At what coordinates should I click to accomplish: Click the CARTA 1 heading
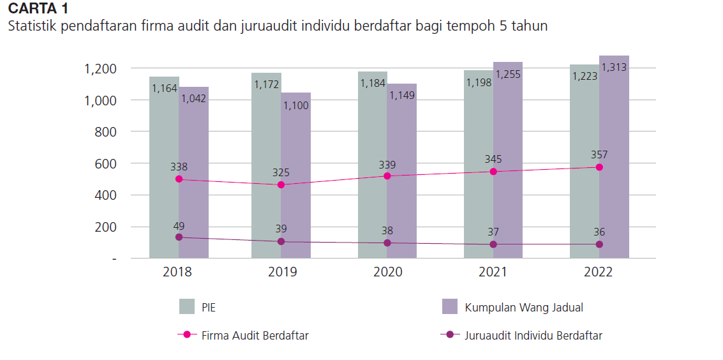coord(38,9)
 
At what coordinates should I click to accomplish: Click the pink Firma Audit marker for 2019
coord(281,185)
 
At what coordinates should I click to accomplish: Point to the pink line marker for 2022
coord(599,167)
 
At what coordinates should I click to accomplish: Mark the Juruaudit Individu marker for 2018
coord(179,237)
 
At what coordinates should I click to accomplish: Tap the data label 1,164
coord(165,88)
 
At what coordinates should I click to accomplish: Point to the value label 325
coord(281,172)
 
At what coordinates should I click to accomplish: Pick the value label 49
coord(179,225)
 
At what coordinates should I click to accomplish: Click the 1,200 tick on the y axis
coord(100,68)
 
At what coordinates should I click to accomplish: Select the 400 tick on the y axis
coord(105,195)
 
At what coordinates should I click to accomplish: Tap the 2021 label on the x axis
coord(493,273)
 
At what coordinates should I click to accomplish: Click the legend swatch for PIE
coord(186,307)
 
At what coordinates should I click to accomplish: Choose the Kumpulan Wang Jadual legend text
coord(523,307)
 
